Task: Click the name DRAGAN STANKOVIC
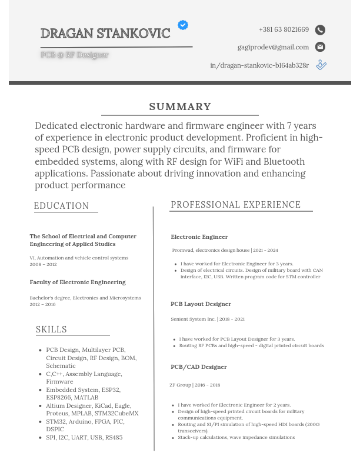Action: (105, 34)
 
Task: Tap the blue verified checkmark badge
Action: (183, 25)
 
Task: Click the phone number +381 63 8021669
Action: (284, 29)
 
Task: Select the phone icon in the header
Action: (320, 30)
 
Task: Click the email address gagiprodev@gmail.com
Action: (273, 47)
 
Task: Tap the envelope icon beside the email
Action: (320, 47)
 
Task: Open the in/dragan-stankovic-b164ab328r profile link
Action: (259, 65)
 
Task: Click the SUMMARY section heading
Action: (180, 106)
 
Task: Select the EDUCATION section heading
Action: (61, 206)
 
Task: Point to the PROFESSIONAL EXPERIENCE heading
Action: (235, 205)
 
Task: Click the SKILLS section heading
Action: (51, 329)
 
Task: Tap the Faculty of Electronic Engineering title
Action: (78, 282)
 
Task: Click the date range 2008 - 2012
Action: (43, 265)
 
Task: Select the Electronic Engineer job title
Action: (199, 237)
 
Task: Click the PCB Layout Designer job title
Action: (201, 304)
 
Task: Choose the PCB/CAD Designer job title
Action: (198, 367)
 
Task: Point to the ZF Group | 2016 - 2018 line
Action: (195, 385)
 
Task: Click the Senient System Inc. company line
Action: (208, 319)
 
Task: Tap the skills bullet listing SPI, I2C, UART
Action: (84, 438)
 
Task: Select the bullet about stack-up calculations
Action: (236, 438)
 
